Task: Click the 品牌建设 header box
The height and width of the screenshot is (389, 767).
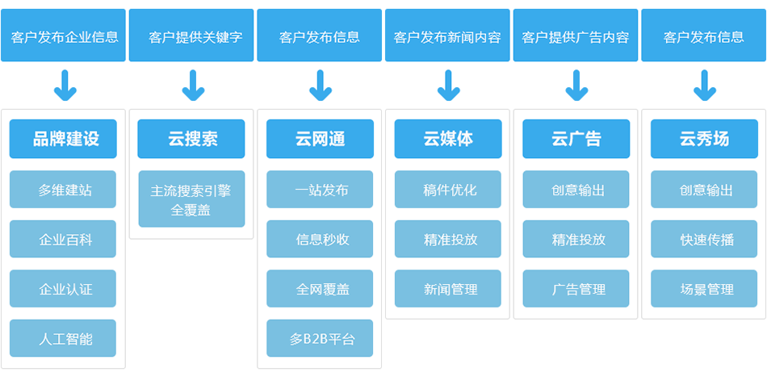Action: pyautogui.click(x=63, y=139)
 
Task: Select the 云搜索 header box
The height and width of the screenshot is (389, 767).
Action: pyautogui.click(x=191, y=139)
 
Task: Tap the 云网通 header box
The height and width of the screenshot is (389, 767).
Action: pyautogui.click(x=320, y=139)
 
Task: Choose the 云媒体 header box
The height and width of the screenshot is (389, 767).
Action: pyautogui.click(x=448, y=139)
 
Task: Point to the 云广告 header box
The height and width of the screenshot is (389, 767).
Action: pyautogui.click(x=576, y=139)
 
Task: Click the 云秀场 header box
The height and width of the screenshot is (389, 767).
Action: pyautogui.click(x=704, y=139)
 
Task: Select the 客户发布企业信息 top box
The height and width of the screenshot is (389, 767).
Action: pyautogui.click(x=63, y=36)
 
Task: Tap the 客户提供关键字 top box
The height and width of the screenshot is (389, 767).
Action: pyautogui.click(x=191, y=36)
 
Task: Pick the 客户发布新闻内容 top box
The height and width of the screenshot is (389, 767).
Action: pyautogui.click(x=447, y=36)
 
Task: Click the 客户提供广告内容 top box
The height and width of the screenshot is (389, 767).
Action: pyautogui.click(x=576, y=36)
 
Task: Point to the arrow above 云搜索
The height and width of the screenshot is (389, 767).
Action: pyautogui.click(x=193, y=86)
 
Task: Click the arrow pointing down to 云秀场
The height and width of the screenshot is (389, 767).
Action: pyautogui.click(x=705, y=86)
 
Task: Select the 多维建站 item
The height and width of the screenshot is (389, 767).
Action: pyautogui.click(x=63, y=189)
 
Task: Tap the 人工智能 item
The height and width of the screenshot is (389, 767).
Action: pyautogui.click(x=63, y=338)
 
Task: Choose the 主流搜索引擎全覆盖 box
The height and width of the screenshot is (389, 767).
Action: pyautogui.click(x=192, y=199)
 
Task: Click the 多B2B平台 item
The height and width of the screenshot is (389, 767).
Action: pyautogui.click(x=320, y=338)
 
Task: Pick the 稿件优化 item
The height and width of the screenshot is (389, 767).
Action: pyautogui.click(x=448, y=189)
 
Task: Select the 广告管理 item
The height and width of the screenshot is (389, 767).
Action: pyautogui.click(x=576, y=288)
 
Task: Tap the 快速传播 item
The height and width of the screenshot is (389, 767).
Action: pyautogui.click(x=704, y=239)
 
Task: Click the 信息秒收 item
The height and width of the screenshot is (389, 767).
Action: pyautogui.click(x=320, y=239)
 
